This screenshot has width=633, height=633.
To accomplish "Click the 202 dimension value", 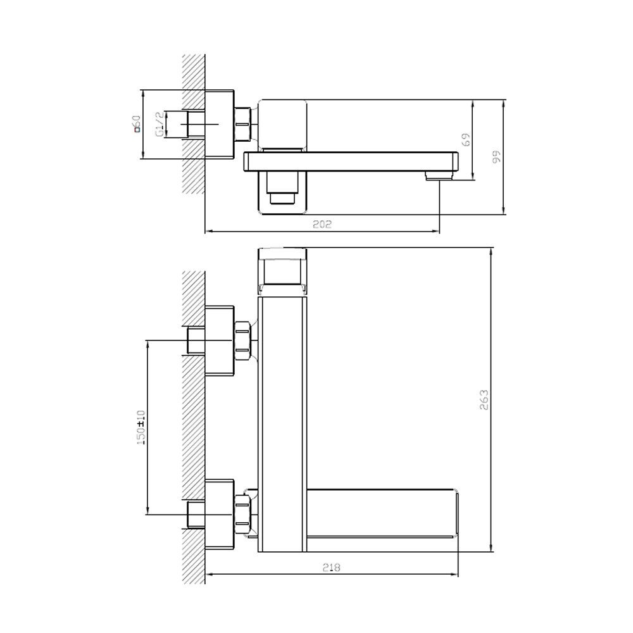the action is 322,224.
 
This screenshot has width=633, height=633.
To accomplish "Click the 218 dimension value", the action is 332,568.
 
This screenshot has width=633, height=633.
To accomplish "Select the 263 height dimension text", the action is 484,400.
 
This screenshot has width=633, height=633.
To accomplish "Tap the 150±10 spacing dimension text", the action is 141,428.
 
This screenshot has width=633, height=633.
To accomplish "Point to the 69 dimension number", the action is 466,140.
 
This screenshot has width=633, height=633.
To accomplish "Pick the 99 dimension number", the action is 496,156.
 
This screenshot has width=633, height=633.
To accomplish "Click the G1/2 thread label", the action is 160,124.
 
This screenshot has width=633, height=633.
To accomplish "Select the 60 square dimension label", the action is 137,123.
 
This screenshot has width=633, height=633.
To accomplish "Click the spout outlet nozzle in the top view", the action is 439,175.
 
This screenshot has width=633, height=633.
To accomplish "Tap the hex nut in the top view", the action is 242,124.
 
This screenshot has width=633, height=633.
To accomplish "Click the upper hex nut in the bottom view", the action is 242,341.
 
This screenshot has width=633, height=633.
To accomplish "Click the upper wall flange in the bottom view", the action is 220,341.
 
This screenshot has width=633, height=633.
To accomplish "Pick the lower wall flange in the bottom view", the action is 220,515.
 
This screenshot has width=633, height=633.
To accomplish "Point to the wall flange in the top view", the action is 220,124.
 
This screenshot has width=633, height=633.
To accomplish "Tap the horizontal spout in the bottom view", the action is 383,520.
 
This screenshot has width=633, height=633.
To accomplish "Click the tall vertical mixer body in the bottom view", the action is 282,424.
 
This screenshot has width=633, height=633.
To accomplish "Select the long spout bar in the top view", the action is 351,161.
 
